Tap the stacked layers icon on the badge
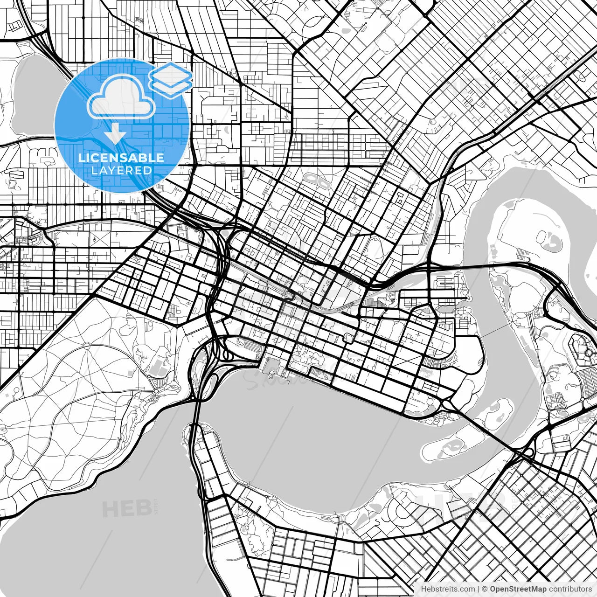tap(171, 80)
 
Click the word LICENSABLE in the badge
tap(121, 158)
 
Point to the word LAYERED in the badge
tap(121, 171)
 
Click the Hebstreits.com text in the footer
tap(447, 589)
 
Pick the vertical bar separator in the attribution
tap(479, 589)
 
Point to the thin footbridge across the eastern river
tap(493, 331)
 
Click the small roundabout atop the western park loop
tap(88, 346)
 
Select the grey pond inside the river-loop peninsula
tap(552, 241)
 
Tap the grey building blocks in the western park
tap(159, 366)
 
